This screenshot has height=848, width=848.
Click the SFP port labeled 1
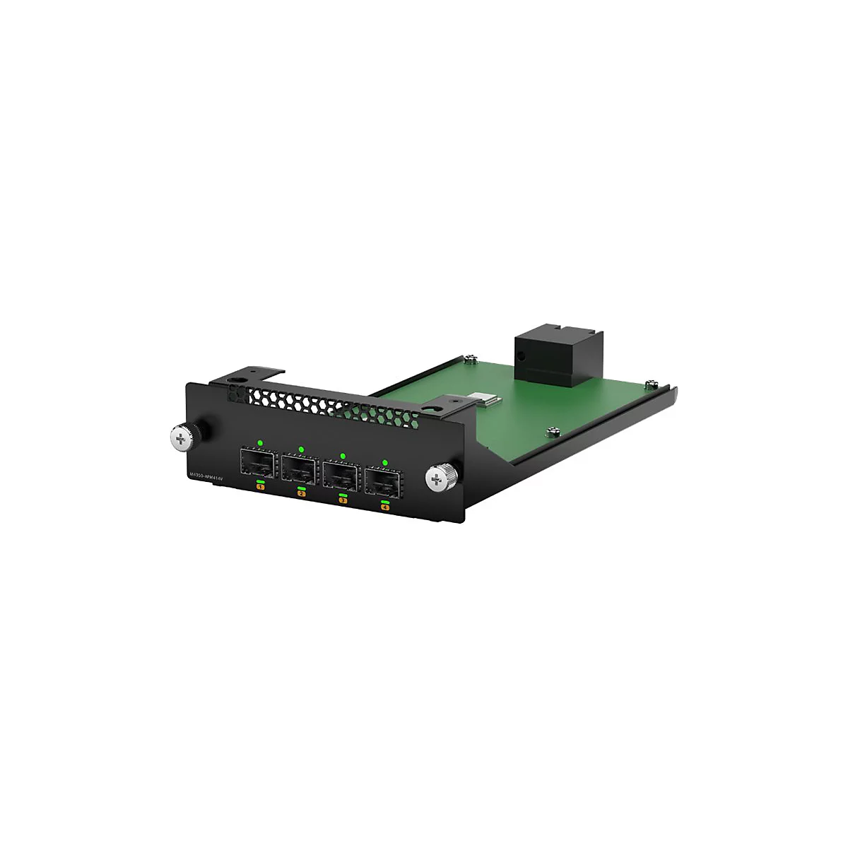258,462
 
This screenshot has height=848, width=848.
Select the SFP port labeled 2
299,468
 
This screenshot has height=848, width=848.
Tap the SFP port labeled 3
341,474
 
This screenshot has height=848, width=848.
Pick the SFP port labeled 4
382,481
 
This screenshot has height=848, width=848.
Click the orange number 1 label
260,487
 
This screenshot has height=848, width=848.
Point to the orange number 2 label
302,493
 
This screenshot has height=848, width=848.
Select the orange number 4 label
385,507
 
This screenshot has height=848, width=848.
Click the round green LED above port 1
260,443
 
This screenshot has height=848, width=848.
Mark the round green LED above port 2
301,449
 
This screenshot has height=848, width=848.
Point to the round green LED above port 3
343,456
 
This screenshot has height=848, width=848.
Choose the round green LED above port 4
384,462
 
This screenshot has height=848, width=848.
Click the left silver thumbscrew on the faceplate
182,438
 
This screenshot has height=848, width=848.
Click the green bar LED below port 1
260,481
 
